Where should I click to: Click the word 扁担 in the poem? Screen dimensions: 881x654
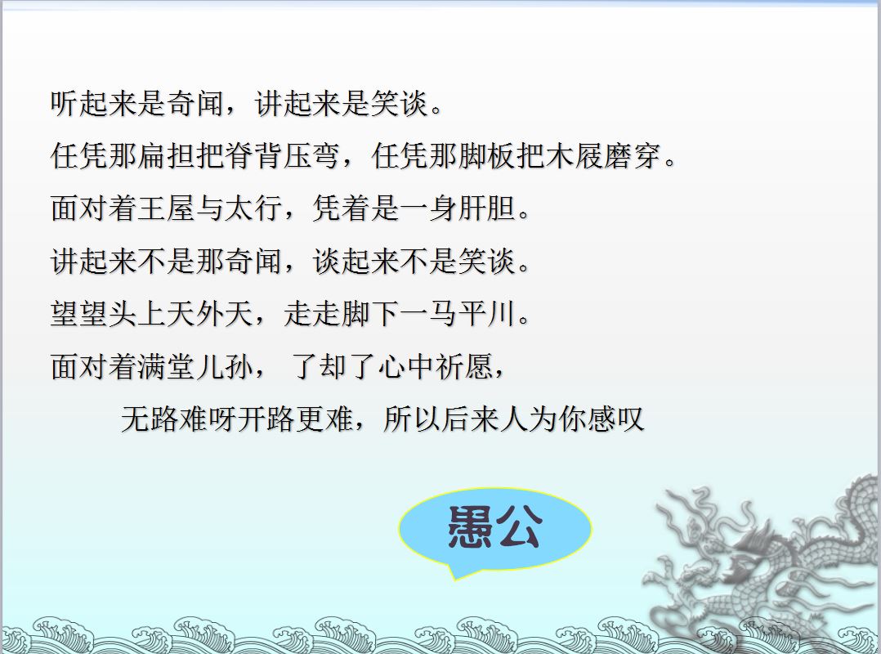pos(167,155)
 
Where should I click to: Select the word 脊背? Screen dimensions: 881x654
pos(254,155)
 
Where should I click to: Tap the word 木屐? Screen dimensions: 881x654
pos(575,155)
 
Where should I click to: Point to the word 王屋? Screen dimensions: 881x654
pos(167,208)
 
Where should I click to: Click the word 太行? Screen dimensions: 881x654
pos(254,208)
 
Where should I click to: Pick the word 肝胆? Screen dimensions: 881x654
pos(488,208)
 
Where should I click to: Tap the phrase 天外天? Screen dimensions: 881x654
pos(210,314)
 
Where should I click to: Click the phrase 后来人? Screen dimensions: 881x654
pos(485,419)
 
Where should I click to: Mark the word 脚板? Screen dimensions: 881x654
pos(488,155)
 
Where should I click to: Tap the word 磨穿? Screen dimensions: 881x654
pos(634,155)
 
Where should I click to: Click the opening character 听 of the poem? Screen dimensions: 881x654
pos(65,103)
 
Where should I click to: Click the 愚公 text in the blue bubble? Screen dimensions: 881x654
pos(495,526)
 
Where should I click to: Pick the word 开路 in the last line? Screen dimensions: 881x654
pos(267,419)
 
